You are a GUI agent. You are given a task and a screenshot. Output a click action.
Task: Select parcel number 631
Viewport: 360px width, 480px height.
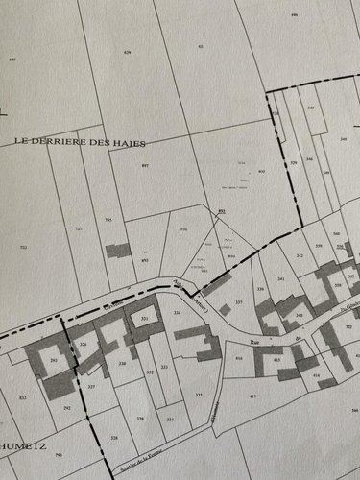(201, 46)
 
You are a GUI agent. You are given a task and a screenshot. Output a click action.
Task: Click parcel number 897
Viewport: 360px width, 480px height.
(145, 167)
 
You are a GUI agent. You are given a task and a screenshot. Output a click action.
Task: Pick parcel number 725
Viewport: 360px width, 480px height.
(108, 220)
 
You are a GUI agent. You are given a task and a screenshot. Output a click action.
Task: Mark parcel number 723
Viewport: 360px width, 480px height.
(78, 229)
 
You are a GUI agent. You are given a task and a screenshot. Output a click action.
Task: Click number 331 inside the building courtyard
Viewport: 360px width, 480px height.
(144, 317)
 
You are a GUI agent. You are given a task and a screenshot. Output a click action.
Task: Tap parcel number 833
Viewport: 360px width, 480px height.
(22, 396)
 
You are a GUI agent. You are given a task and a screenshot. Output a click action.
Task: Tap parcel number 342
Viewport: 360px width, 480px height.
(300, 255)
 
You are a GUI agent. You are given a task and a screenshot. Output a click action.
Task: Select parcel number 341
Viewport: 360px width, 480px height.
(280, 278)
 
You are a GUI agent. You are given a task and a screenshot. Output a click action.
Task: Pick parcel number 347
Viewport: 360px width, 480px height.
(310, 108)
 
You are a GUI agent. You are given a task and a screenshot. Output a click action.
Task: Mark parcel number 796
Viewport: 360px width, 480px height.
(58, 455)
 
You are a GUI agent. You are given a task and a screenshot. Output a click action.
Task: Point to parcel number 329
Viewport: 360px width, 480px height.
(140, 419)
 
